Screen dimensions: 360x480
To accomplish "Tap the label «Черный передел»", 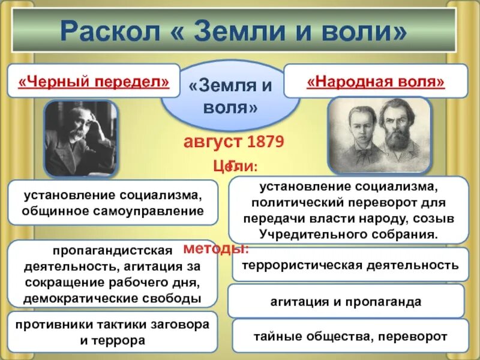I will click(93, 80).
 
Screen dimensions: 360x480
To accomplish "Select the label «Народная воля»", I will click(376, 80).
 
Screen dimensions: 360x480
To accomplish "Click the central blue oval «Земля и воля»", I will click(230, 98).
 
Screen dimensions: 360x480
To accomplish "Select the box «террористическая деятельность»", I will click(350, 265).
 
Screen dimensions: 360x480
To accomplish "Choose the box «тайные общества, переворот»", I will click(349, 336).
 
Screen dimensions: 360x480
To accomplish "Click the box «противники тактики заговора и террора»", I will click(112, 332).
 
